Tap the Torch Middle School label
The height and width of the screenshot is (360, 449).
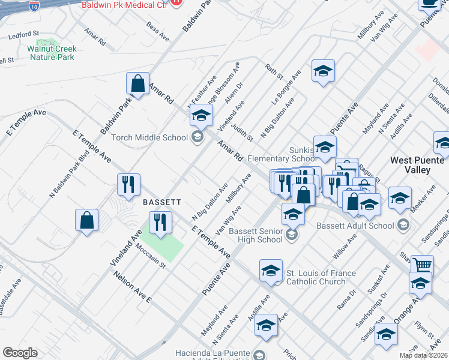pyautogui.click(x=150, y=137)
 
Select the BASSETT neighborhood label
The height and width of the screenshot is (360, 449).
pyautogui.click(x=158, y=202)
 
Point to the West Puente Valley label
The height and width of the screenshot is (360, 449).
pyautogui.click(x=418, y=165)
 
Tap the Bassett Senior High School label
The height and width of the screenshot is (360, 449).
pyautogui.click(x=256, y=235)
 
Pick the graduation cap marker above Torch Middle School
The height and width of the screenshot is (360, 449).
pyautogui.click(x=202, y=115)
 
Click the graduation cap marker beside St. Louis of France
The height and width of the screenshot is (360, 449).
pyautogui.click(x=271, y=271)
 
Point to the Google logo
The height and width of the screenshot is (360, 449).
pyautogui.click(x=20, y=353)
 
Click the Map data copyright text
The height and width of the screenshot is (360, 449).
pyautogui.click(x=423, y=355)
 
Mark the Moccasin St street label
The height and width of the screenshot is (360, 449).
pyautogui.click(x=150, y=256)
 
